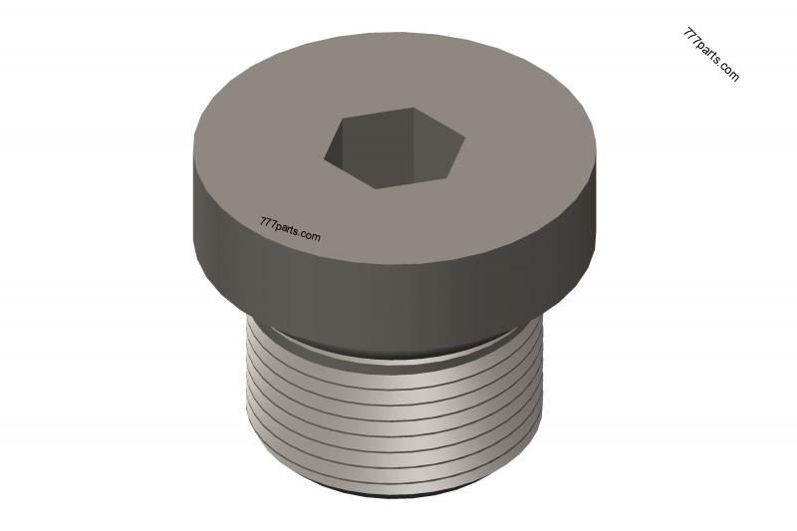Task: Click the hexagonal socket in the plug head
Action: [395, 147]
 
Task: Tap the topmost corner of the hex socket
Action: [413, 108]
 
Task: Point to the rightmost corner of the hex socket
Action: [465, 138]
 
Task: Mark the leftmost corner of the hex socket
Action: [325, 157]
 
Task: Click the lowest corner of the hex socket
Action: [377, 188]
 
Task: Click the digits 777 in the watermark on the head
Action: [267, 222]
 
